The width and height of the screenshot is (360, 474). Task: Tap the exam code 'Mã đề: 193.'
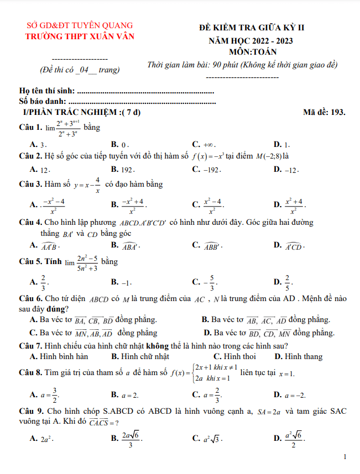coord(324,112)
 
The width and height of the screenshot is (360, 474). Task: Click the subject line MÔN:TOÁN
coord(251,52)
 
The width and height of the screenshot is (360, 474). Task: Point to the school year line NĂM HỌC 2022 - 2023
coord(251,41)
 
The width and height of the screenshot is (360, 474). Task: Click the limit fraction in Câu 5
coord(87,263)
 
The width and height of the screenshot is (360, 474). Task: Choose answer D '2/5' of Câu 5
coord(286,282)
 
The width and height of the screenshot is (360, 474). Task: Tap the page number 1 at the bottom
coord(345,457)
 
